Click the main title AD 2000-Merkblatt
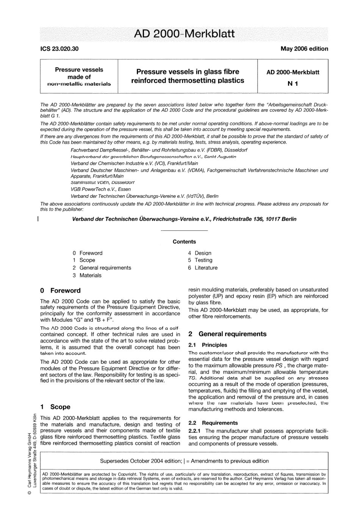click(x=184, y=34)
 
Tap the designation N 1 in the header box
click(x=293, y=84)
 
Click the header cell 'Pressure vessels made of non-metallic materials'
click(x=79, y=77)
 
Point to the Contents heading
click(x=184, y=241)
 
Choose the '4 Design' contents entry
click(x=200, y=253)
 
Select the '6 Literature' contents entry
click(x=203, y=268)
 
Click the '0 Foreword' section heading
click(x=60, y=291)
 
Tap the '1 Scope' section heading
click(x=55, y=407)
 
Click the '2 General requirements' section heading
click(x=227, y=334)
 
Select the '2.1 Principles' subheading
click(x=208, y=345)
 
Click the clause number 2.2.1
click(x=195, y=431)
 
